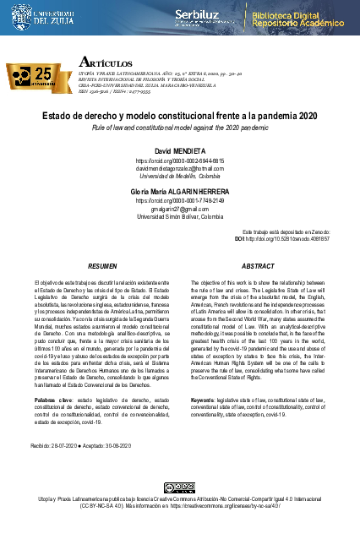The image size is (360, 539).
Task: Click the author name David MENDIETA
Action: tap(179, 150)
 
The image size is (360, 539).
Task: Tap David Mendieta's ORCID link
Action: tap(179, 161)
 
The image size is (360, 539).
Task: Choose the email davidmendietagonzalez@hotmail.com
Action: tap(179, 168)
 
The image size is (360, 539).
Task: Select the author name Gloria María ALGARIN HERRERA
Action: tap(179, 193)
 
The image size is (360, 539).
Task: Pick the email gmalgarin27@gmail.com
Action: tap(179, 209)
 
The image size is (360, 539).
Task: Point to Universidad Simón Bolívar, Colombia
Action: tap(179, 216)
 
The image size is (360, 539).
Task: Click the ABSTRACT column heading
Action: tap(258, 265)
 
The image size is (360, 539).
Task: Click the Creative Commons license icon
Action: tap(179, 487)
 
